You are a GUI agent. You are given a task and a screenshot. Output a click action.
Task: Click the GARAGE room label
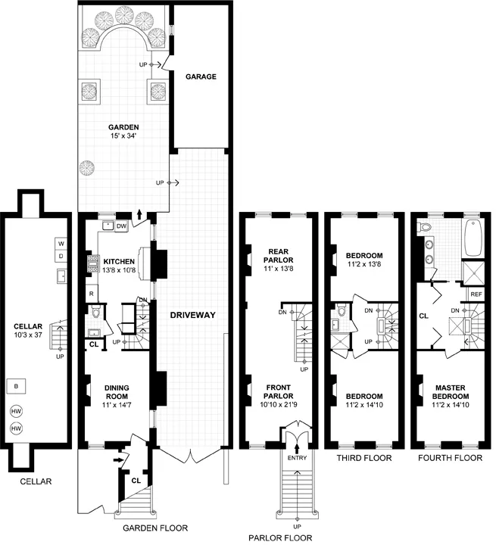[201, 76]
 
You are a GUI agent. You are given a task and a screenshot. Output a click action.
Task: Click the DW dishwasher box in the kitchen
[122, 226]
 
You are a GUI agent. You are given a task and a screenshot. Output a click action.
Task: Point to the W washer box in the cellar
[61, 244]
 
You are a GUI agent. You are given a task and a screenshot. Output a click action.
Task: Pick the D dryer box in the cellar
[61, 257]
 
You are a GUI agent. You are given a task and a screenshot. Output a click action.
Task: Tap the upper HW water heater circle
[16, 412]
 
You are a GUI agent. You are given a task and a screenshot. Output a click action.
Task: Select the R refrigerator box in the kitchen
[91, 293]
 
